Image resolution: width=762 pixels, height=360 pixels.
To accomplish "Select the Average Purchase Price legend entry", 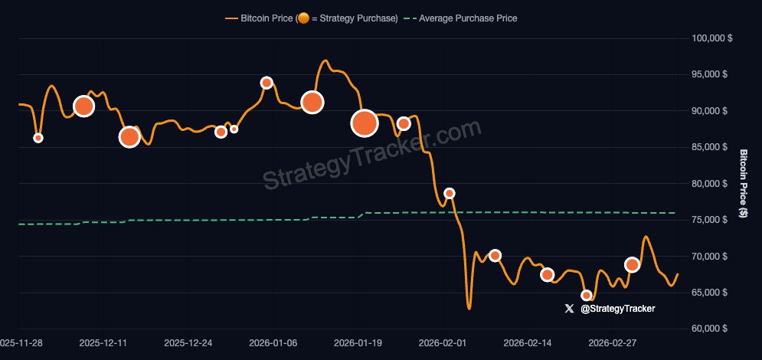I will pos(467,18).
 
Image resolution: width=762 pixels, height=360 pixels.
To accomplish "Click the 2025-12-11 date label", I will pos(103,344).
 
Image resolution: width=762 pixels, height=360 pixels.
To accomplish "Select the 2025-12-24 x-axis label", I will pos(188,344).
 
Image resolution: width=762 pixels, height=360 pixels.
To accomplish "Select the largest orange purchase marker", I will pos(365,123).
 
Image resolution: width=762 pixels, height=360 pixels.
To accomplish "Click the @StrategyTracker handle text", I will pos(617,309).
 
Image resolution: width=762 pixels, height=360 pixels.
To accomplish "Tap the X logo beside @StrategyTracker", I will pos(568,309).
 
